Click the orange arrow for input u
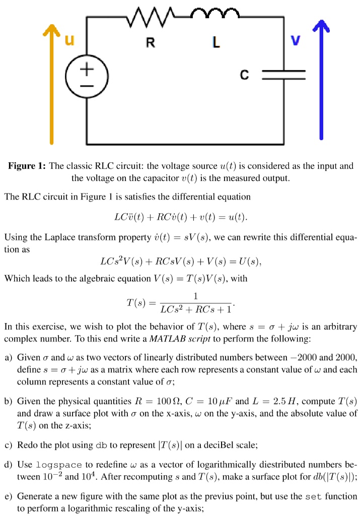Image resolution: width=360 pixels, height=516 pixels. coord(50,81)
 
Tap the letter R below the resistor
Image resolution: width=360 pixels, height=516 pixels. coord(150,43)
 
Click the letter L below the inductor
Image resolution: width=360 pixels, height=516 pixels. coord(216,43)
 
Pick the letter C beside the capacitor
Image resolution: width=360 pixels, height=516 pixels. coord(244,76)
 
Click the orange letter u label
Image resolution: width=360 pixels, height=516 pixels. coord(70,41)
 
